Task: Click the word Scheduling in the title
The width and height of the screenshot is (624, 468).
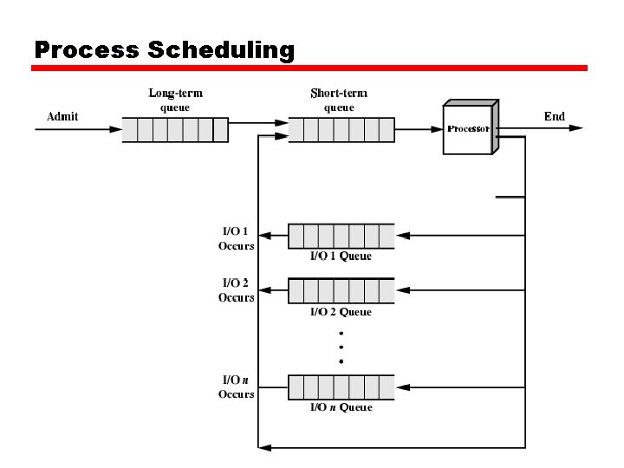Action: click(x=222, y=50)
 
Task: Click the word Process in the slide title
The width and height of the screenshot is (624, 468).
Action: click(x=88, y=50)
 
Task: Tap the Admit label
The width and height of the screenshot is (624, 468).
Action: click(x=62, y=117)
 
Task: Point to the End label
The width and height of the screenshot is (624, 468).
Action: click(x=555, y=116)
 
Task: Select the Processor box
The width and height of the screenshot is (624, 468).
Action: click(x=469, y=129)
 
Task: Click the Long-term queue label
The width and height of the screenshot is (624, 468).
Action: click(x=175, y=101)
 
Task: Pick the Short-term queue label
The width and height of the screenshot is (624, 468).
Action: click(x=339, y=101)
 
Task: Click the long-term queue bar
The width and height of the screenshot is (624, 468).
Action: click(x=174, y=130)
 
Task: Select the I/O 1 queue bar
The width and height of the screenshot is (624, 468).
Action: click(x=341, y=236)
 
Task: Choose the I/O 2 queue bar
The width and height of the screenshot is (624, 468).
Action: click(x=341, y=290)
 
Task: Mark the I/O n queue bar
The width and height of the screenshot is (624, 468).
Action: click(x=341, y=387)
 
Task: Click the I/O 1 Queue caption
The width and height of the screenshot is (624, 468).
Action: click(x=341, y=257)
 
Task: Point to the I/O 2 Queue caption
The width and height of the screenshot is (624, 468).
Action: click(x=341, y=312)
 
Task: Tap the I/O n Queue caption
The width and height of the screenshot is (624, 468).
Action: click(x=341, y=407)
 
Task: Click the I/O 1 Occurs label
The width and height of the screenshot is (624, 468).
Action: click(x=236, y=238)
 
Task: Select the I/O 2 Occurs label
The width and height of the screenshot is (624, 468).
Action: click(x=236, y=290)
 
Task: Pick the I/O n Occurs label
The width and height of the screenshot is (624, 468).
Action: click(x=236, y=387)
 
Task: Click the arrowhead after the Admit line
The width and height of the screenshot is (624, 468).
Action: click(x=116, y=129)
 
